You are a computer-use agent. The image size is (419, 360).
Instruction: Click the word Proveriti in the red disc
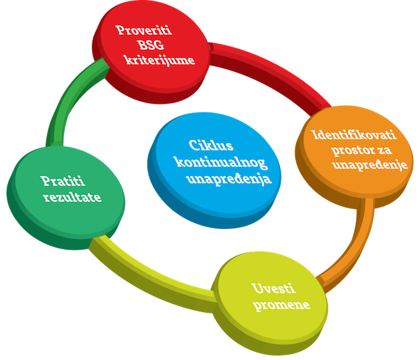(143, 31)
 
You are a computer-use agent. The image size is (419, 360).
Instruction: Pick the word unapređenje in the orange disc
(371, 165)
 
